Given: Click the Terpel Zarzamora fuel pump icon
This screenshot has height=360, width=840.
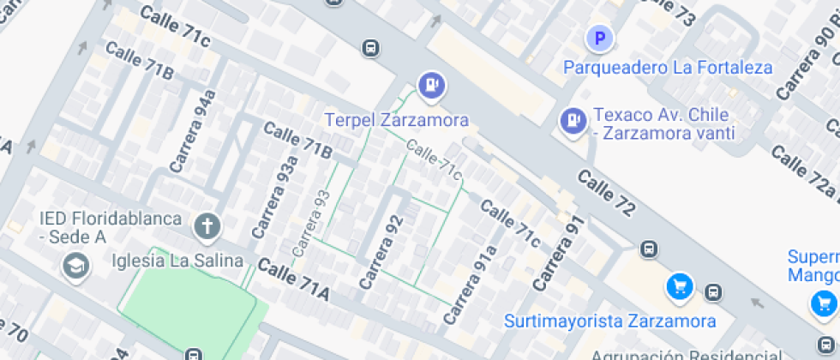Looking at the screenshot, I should (430, 84).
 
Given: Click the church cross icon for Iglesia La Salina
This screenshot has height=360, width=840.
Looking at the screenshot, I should (207, 226).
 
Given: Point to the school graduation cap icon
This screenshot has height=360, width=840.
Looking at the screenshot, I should (75, 267).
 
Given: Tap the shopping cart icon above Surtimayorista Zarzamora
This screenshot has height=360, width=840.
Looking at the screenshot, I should (680, 287).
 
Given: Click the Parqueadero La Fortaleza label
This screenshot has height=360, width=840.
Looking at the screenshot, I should (668, 67).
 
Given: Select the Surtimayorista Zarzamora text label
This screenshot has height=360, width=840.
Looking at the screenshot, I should (609, 321).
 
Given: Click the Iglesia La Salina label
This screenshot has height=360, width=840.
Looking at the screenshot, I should (178, 261).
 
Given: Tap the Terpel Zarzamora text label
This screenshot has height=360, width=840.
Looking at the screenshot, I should (396, 119).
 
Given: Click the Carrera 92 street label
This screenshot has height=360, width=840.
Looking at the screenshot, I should (381, 251).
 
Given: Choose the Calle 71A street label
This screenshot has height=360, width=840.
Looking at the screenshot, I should (293, 279).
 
